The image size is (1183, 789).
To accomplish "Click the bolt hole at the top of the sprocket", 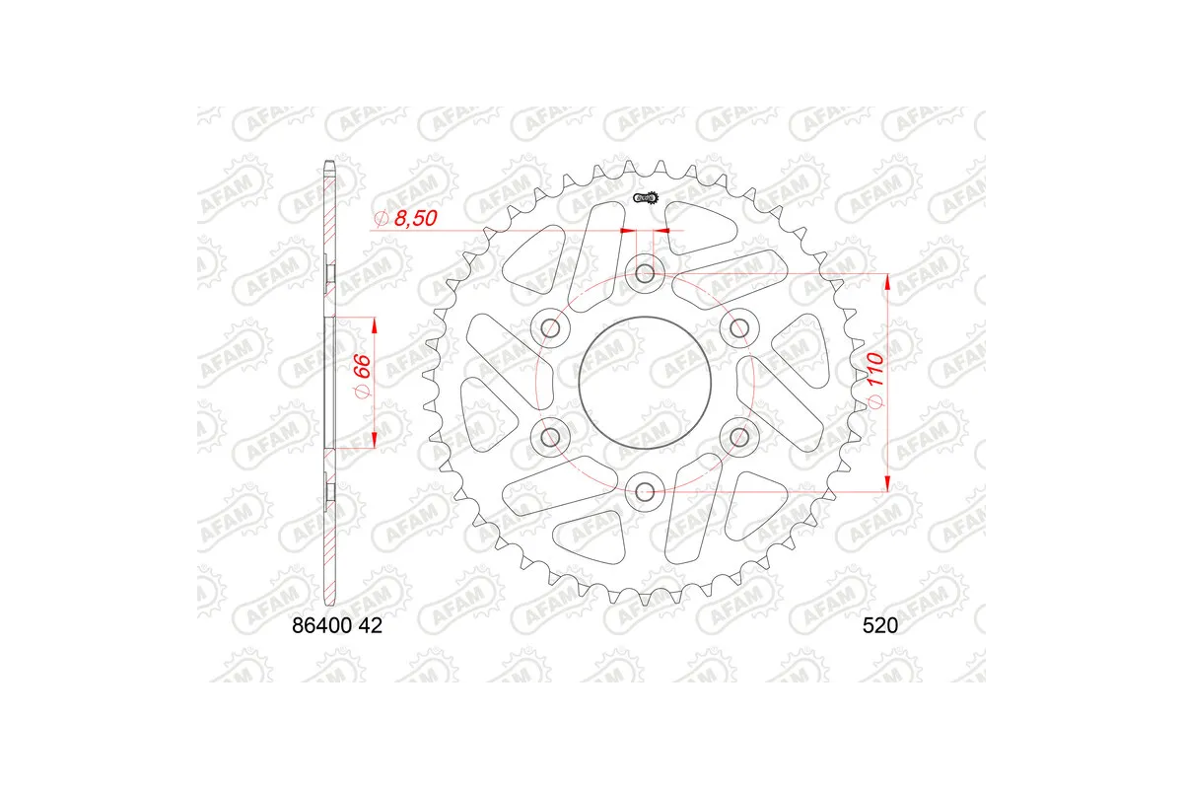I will [x=645, y=273].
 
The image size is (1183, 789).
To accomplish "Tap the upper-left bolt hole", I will [x=550, y=327].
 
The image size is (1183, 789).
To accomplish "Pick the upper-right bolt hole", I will [x=739, y=327].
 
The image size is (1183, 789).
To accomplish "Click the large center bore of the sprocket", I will [x=645, y=382].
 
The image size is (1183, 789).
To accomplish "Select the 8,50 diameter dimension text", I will [x=407, y=219].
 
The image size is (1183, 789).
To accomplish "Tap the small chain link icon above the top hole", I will [x=646, y=200].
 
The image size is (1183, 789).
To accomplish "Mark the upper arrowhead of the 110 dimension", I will [x=887, y=283].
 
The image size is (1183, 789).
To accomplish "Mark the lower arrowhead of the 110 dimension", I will [x=887, y=480].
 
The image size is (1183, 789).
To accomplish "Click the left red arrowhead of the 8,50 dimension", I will [x=625, y=231].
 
